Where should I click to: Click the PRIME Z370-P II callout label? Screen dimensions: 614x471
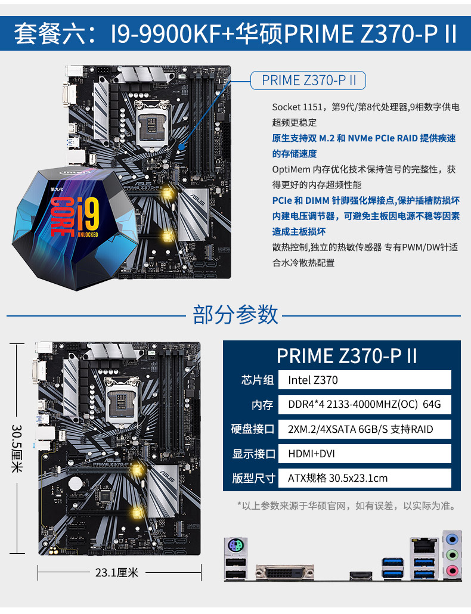309,80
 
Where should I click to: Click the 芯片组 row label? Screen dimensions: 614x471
258,380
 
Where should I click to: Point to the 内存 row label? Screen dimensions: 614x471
262,405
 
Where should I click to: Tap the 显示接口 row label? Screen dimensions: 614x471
253,454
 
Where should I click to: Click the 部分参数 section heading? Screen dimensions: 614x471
235,314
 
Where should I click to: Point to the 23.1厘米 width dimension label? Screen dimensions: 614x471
117,573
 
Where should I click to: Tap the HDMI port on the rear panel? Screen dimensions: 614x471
360,575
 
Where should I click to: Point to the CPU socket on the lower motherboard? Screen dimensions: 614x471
122,399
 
